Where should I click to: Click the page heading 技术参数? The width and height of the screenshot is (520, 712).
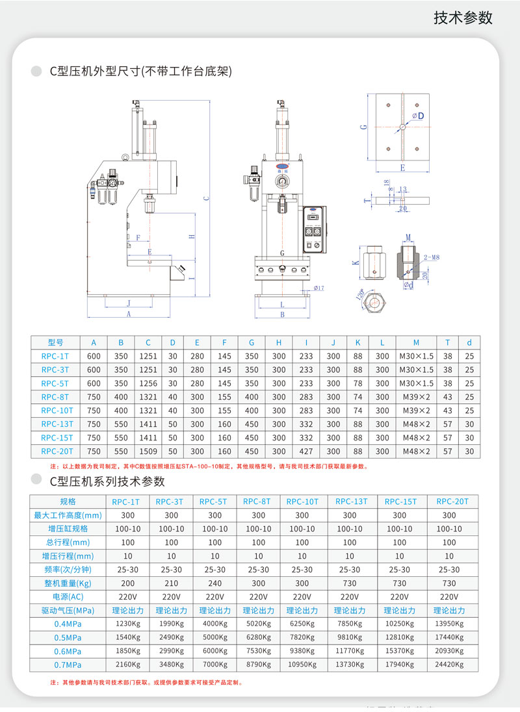tap(463, 18)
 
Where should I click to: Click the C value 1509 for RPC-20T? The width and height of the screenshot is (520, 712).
tap(148, 451)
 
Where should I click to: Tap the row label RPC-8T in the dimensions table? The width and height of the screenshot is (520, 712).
tap(57, 397)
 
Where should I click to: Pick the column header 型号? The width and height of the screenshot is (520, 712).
tap(56, 342)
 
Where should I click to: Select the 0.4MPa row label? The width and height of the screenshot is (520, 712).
tap(68, 624)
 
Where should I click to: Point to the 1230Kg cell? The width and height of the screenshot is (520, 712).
tap(127, 624)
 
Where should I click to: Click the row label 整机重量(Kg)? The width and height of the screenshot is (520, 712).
tap(68, 583)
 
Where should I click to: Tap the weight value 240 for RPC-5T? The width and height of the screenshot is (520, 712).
tap(214, 583)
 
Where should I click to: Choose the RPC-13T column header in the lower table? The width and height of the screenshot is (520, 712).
tap(351, 502)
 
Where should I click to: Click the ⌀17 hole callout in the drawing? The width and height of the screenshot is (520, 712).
tap(318, 288)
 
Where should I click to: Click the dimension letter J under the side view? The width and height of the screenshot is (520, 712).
tap(129, 303)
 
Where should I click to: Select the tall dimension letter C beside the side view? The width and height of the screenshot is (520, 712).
tap(206, 198)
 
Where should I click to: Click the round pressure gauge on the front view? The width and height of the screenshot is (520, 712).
tap(283, 181)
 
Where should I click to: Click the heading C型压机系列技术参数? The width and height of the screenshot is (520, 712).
tap(107, 481)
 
